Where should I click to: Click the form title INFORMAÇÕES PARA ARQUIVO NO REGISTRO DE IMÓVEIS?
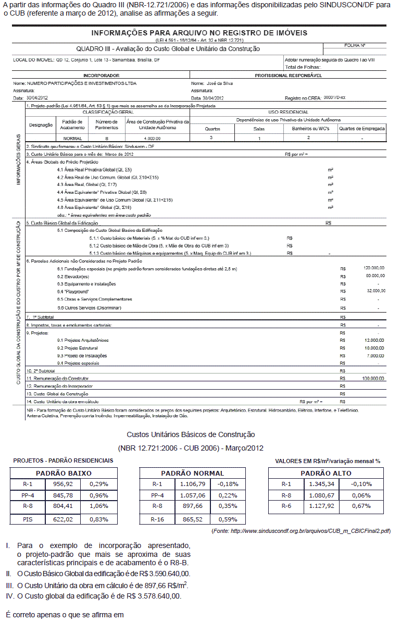point(199,33)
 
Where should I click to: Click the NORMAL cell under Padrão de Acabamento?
point(72,139)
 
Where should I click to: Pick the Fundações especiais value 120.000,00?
point(374,268)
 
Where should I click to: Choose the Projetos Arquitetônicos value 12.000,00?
point(375,340)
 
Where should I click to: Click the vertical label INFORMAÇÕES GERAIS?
point(19,161)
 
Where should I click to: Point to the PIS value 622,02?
point(64,519)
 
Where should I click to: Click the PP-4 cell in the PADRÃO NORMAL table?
point(157,495)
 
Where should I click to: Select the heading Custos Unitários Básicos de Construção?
point(191,434)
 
